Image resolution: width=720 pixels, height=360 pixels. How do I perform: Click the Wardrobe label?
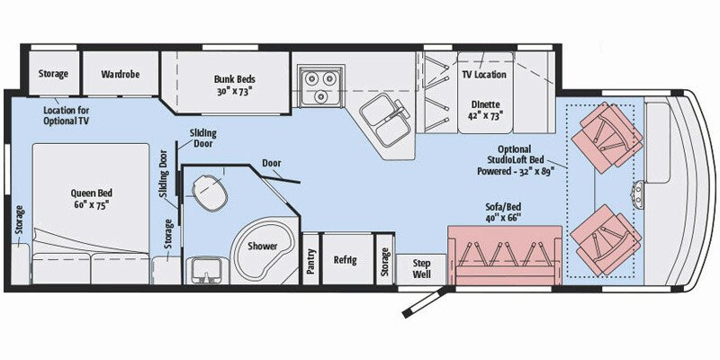118,73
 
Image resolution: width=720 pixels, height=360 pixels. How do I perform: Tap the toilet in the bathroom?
208,190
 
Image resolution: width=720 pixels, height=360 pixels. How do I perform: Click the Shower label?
264,244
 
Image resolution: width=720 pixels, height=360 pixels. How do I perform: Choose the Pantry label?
310,260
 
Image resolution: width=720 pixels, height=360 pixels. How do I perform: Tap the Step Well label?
422,267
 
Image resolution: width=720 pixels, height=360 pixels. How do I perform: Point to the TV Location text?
483,75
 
